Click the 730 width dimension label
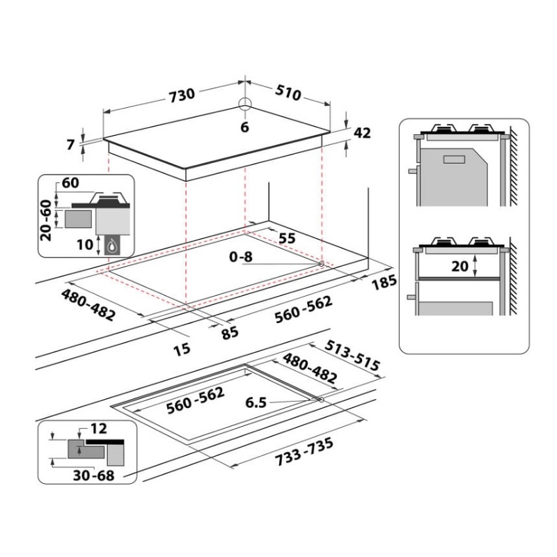[182, 95]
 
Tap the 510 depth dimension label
[288, 93]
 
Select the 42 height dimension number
[362, 132]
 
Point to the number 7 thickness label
[70, 145]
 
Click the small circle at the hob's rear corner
[245, 103]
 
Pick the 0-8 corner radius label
[241, 256]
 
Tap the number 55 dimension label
[287, 238]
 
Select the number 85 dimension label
[230, 333]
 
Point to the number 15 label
[182, 350]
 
